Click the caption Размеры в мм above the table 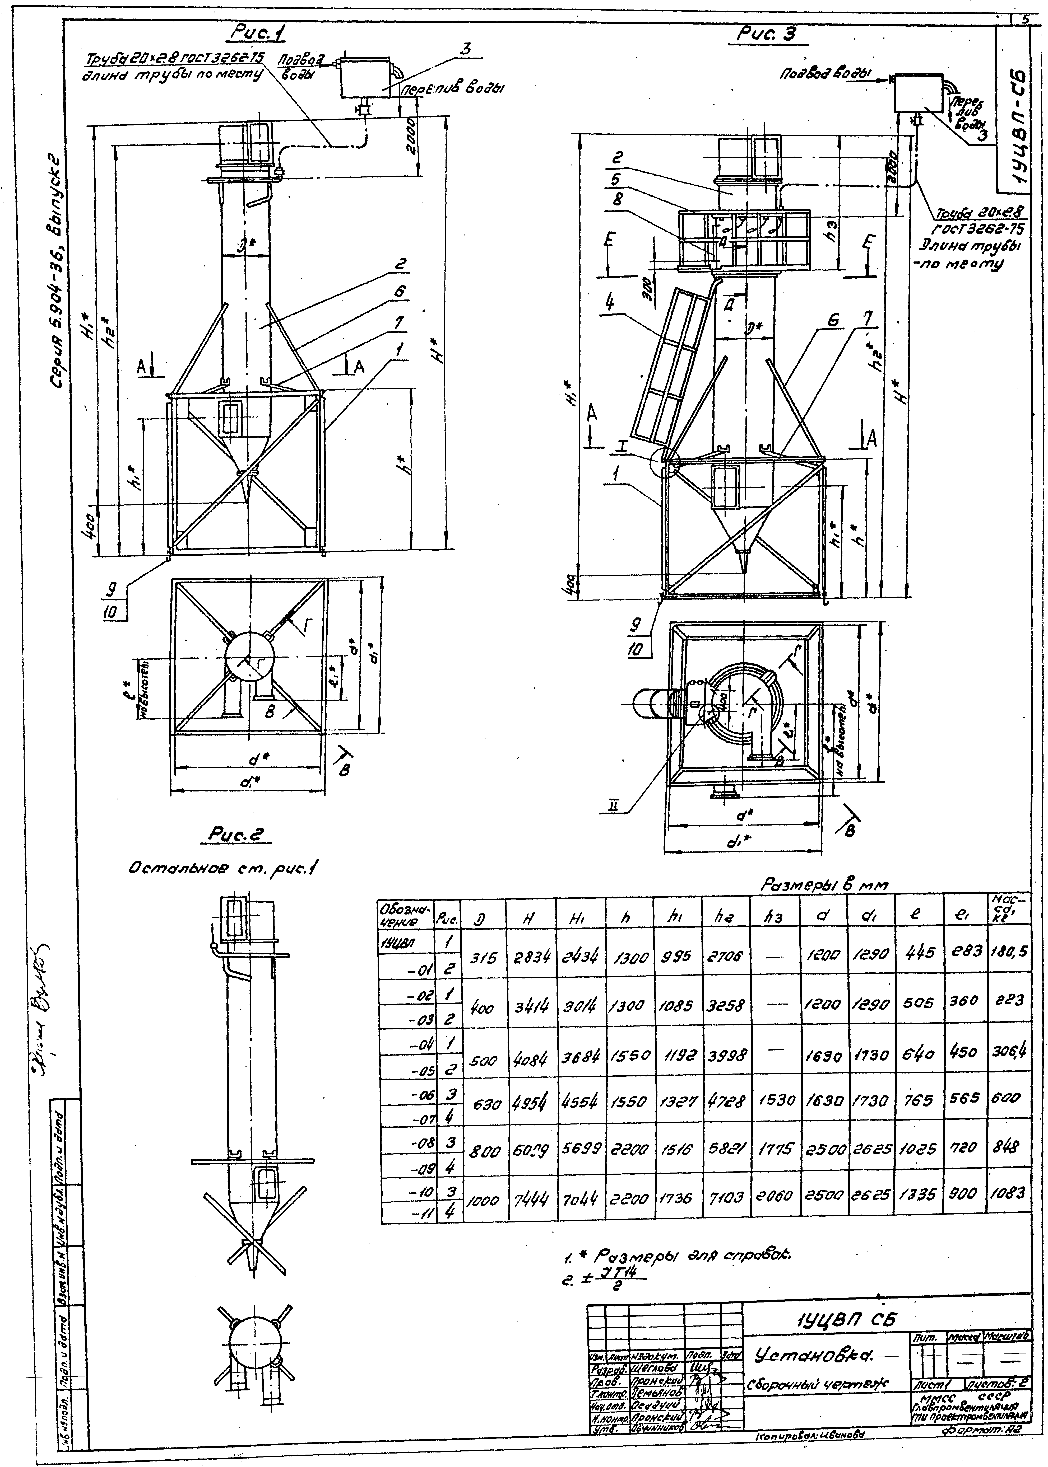[825, 886]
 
